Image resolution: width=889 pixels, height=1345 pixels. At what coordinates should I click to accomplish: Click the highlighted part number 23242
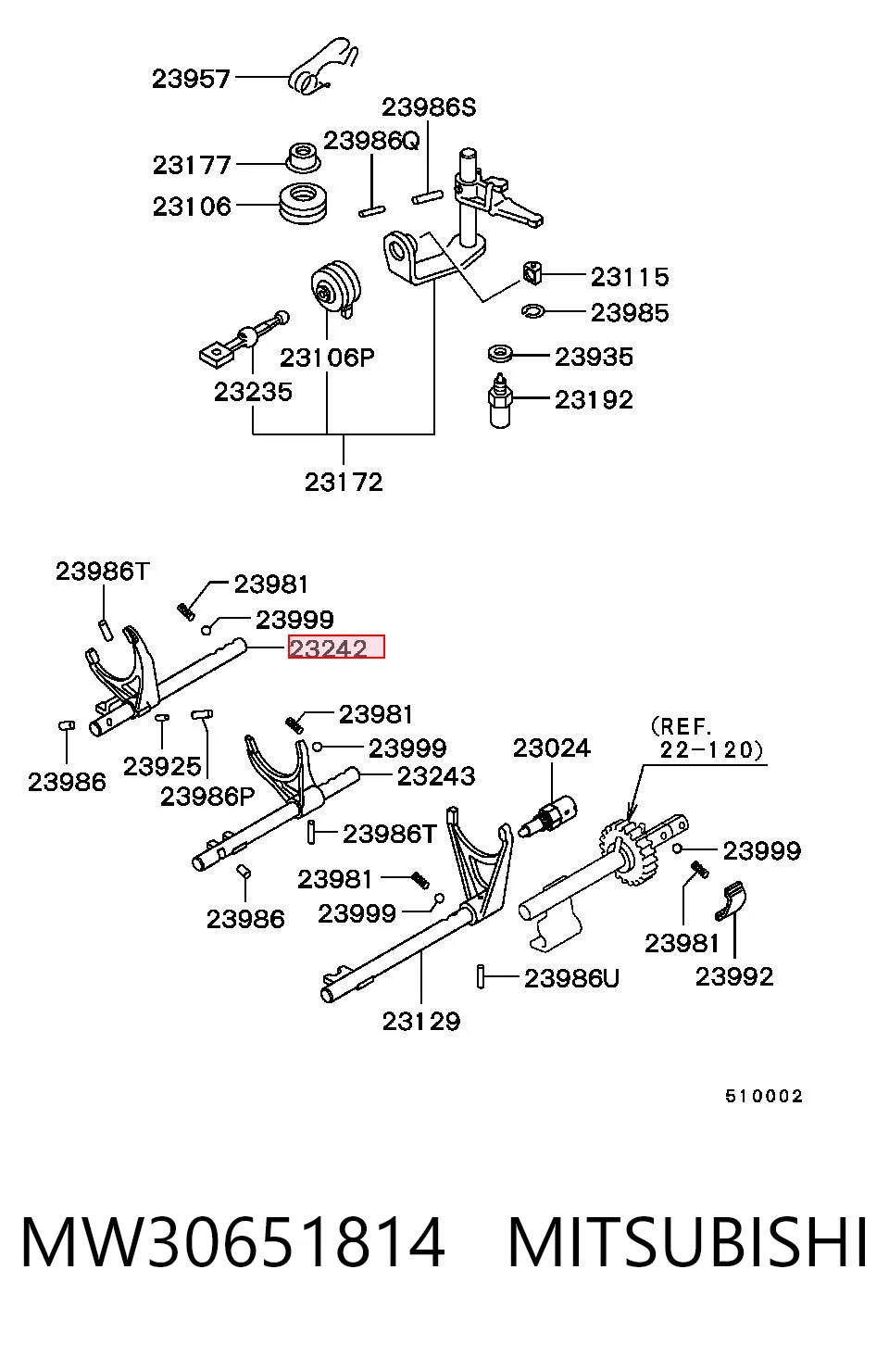pyautogui.click(x=328, y=648)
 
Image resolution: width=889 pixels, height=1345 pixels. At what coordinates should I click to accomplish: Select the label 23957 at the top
pyautogui.click(x=191, y=79)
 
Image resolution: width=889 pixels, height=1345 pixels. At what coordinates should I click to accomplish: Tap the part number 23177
pyautogui.click(x=192, y=165)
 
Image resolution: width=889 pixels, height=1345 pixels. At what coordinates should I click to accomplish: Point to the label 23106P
pyautogui.click(x=327, y=358)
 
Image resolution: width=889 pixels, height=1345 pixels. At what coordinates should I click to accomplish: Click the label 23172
pyautogui.click(x=344, y=483)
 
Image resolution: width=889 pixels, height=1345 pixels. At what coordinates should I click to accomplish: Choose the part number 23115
pyautogui.click(x=630, y=277)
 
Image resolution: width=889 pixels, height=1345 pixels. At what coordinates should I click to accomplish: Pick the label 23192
pyautogui.click(x=594, y=400)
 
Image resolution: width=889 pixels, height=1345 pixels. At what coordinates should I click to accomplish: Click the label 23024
pyautogui.click(x=552, y=748)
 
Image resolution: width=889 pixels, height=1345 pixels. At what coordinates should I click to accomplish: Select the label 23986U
pyautogui.click(x=571, y=979)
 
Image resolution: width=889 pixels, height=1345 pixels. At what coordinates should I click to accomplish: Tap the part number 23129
pyautogui.click(x=421, y=1022)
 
